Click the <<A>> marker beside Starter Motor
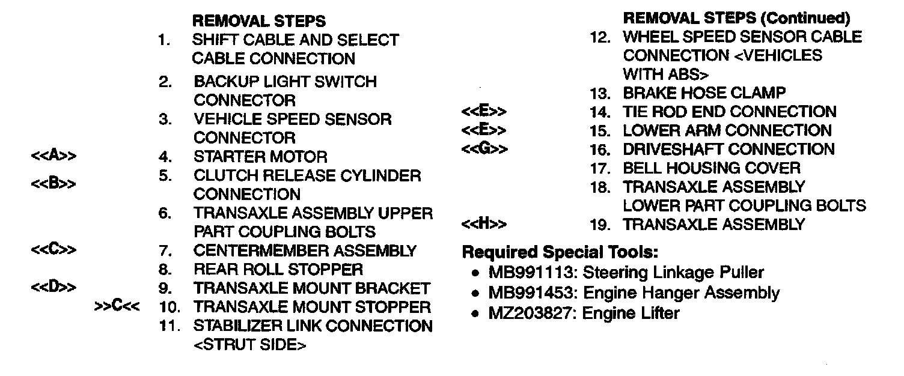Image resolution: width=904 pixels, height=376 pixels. [54, 157]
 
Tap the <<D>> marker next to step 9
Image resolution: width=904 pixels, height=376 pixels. [54, 287]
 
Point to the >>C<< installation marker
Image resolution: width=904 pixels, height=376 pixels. [118, 307]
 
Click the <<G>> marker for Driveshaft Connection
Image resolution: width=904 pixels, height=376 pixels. [484, 149]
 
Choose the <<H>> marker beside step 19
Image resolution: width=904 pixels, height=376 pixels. [484, 225]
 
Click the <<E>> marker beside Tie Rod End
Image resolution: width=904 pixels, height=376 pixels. [484, 112]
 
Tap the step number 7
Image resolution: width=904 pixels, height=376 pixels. [167, 250]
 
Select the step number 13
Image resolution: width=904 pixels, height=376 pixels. [600, 93]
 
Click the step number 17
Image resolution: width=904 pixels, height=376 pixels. [600, 168]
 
